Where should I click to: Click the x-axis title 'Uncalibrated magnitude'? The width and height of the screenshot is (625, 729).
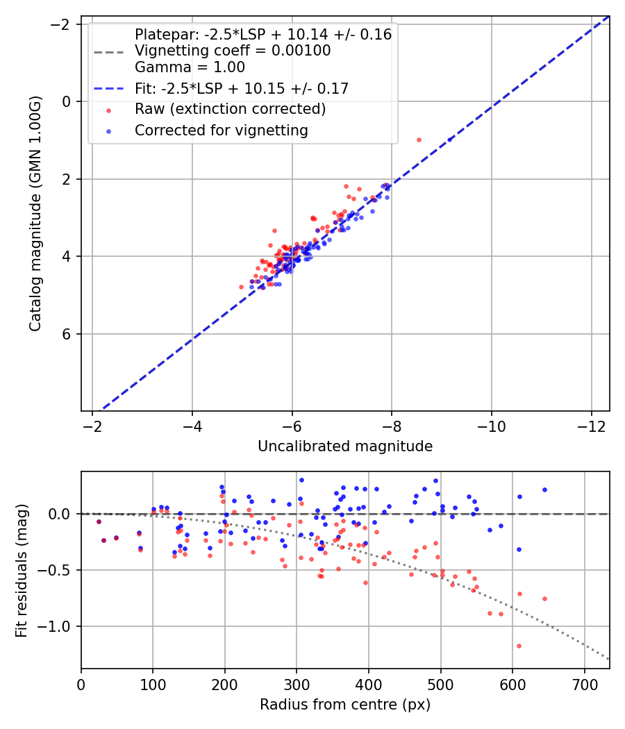345,446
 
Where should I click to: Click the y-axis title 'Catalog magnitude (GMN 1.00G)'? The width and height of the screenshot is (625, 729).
36,213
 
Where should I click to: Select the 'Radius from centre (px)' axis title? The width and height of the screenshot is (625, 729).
345,705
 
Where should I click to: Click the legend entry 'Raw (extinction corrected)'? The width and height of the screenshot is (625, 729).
230,109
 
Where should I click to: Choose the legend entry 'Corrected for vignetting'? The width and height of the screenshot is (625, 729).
222,130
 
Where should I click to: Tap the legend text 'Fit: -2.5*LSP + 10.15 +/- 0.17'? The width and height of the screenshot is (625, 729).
241,88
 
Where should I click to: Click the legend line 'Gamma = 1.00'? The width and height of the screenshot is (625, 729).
190,67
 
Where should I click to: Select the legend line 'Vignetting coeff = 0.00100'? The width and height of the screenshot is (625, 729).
233,51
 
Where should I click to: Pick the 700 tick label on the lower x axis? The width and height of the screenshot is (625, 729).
584,683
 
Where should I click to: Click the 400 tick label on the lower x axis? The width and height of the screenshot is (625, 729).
369,683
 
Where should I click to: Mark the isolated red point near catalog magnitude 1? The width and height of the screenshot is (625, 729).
419,140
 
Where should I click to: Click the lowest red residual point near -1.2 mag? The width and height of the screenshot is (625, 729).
519,646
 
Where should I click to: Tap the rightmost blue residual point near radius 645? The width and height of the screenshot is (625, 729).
544,489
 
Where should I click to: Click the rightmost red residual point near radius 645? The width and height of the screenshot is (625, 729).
544,598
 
